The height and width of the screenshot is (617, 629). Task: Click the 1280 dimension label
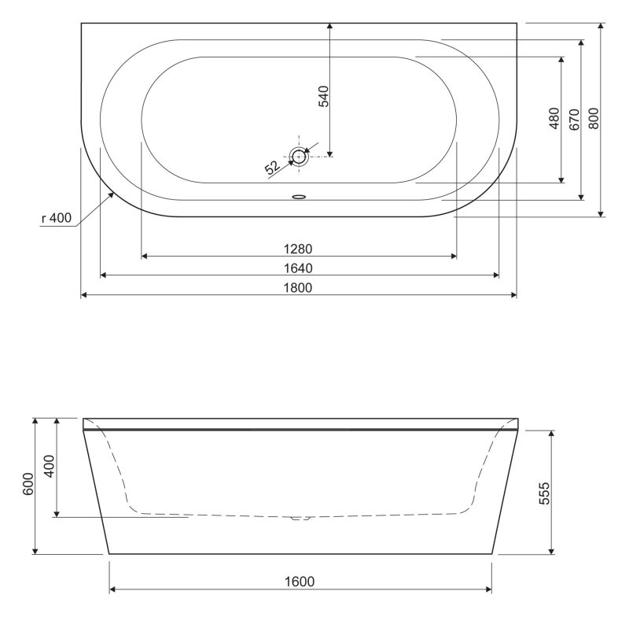click(x=298, y=248)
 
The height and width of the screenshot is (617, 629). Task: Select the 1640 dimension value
click(x=298, y=268)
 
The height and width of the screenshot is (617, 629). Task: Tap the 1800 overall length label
click(x=298, y=287)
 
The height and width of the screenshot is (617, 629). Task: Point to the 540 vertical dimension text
click(x=322, y=95)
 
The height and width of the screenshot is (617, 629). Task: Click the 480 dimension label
click(x=554, y=118)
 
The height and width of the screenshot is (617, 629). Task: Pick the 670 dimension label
click(x=574, y=118)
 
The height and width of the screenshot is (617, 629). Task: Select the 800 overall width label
click(x=594, y=118)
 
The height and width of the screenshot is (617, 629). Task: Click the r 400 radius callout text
click(x=56, y=219)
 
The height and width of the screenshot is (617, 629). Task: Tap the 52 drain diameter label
click(x=272, y=167)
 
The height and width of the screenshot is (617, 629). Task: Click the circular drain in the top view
click(x=299, y=156)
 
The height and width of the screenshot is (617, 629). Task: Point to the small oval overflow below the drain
click(x=299, y=197)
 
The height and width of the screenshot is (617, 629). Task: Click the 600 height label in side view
click(x=28, y=485)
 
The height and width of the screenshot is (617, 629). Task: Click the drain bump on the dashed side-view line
click(x=300, y=518)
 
